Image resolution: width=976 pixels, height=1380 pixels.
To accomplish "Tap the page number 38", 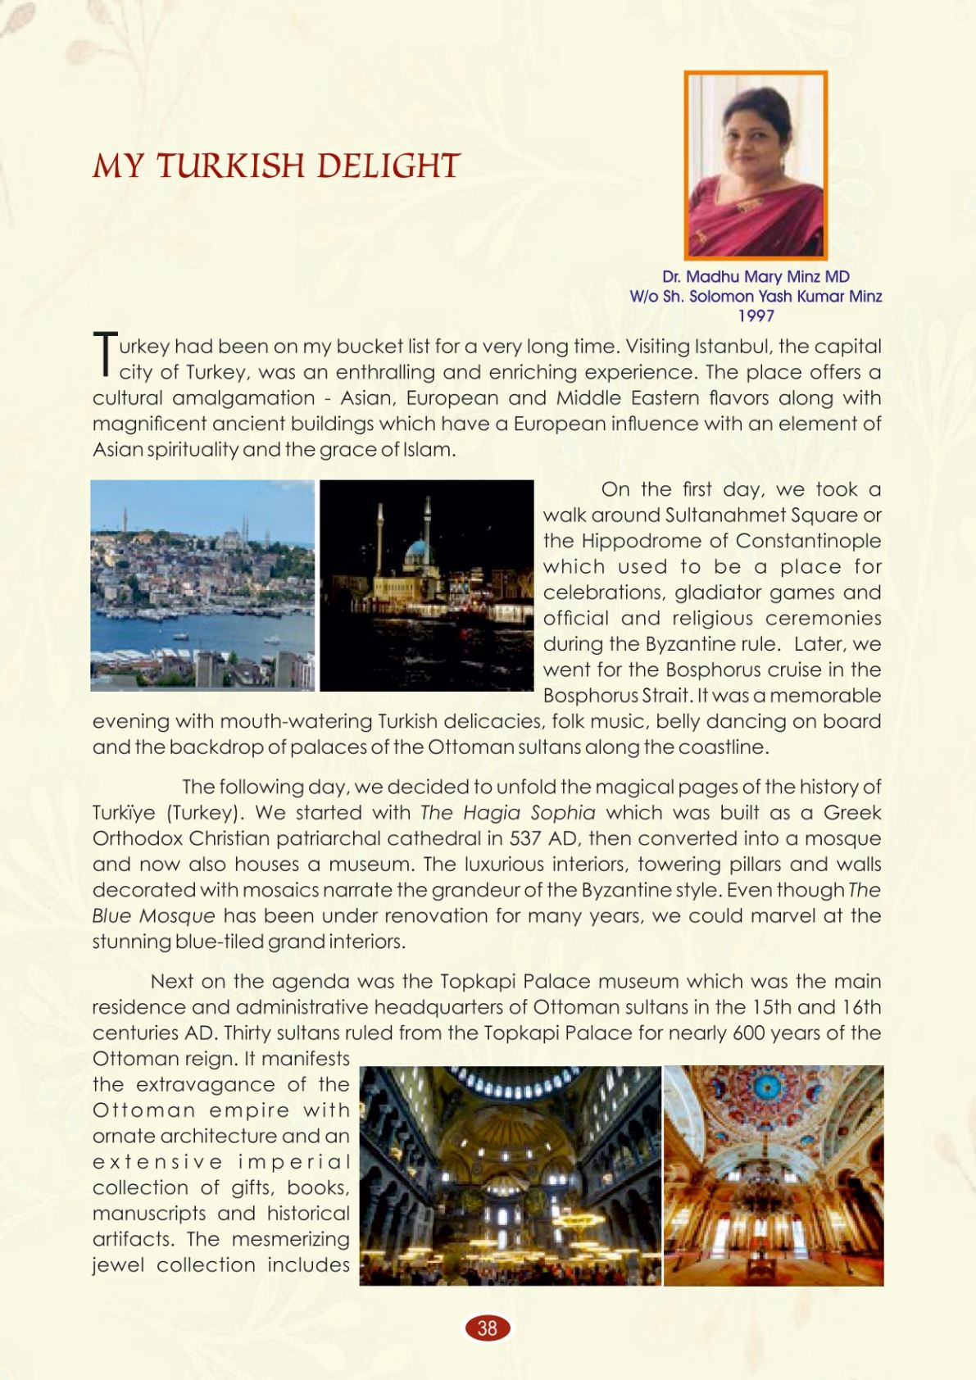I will pyautogui.click(x=488, y=1328).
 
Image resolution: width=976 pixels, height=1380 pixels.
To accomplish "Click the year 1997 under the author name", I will pyautogui.click(x=756, y=315).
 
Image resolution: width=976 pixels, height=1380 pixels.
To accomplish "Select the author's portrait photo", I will pyautogui.click(x=756, y=166).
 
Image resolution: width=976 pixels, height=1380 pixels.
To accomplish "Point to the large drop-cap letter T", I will pyautogui.click(x=104, y=354).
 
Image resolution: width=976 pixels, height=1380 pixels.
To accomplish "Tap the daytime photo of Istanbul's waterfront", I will pyautogui.click(x=202, y=585).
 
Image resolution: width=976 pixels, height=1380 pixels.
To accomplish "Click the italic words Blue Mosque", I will pyautogui.click(x=153, y=915).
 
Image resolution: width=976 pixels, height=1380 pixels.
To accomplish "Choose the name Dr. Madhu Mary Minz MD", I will pyautogui.click(x=756, y=277).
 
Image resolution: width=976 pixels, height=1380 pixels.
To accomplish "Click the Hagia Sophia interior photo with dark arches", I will pyautogui.click(x=510, y=1175).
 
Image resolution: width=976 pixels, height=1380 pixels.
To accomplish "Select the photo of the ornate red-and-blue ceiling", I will pyautogui.click(x=774, y=1175).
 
